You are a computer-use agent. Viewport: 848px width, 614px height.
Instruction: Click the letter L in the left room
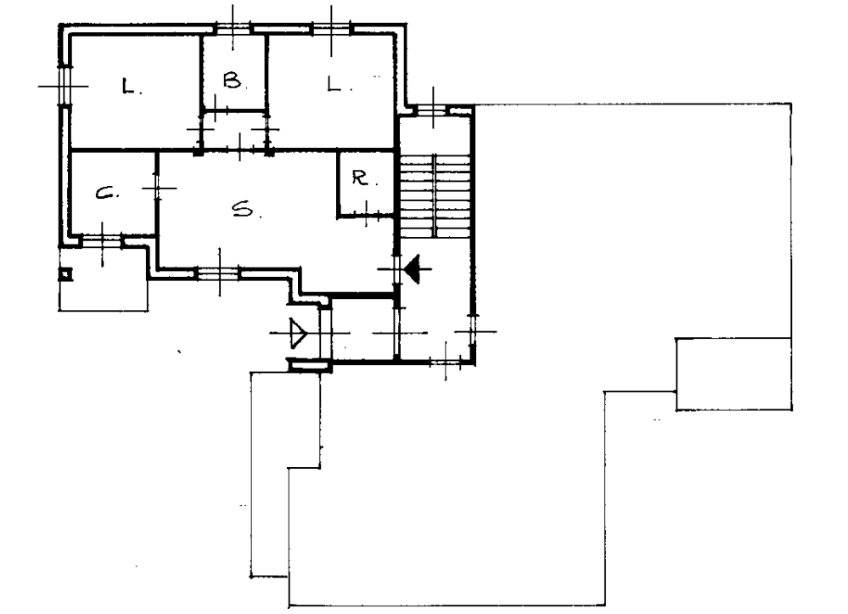129,86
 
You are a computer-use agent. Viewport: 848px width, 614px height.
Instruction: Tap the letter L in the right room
334,84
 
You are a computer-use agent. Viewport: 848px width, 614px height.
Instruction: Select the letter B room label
232,82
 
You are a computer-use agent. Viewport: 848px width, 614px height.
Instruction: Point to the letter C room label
105,193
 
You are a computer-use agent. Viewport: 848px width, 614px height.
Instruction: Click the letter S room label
242,209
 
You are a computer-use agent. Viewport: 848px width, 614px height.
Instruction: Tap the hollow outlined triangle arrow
298,333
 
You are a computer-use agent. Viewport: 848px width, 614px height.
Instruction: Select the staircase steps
435,195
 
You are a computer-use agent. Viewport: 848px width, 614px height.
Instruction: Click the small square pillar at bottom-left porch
65,275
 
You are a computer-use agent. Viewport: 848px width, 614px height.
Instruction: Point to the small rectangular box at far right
734,375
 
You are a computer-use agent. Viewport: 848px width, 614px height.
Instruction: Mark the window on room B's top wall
233,29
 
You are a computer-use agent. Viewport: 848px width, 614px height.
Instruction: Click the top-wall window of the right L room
332,29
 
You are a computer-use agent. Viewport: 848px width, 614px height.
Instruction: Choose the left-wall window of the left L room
65,86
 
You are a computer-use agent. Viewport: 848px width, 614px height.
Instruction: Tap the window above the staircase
434,110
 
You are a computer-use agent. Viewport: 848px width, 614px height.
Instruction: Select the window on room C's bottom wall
102,241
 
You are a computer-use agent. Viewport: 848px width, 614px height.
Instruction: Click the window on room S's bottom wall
219,273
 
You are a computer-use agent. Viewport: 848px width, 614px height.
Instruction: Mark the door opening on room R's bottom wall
366,217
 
